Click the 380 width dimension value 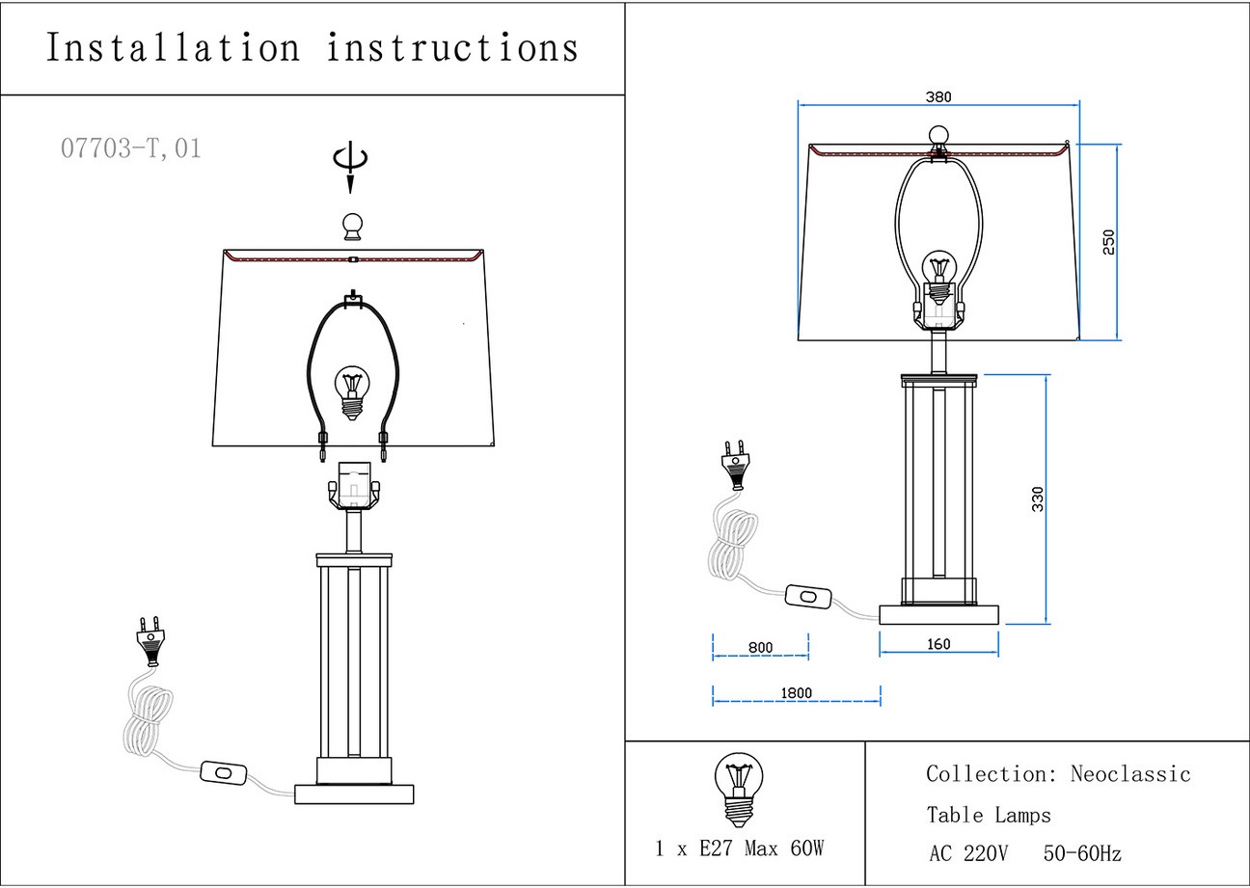[938, 96]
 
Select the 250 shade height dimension [1108, 242]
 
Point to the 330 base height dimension [1038, 498]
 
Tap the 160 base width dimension [938, 644]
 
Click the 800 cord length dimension [760, 647]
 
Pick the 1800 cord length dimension [796, 693]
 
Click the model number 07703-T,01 [131, 149]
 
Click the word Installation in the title [173, 48]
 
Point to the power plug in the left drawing [151, 642]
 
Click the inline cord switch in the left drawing [224, 772]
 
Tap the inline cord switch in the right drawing [808, 597]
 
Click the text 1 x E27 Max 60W [739, 849]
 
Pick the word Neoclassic [1130, 774]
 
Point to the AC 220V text [968, 854]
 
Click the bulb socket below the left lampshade [354, 487]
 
